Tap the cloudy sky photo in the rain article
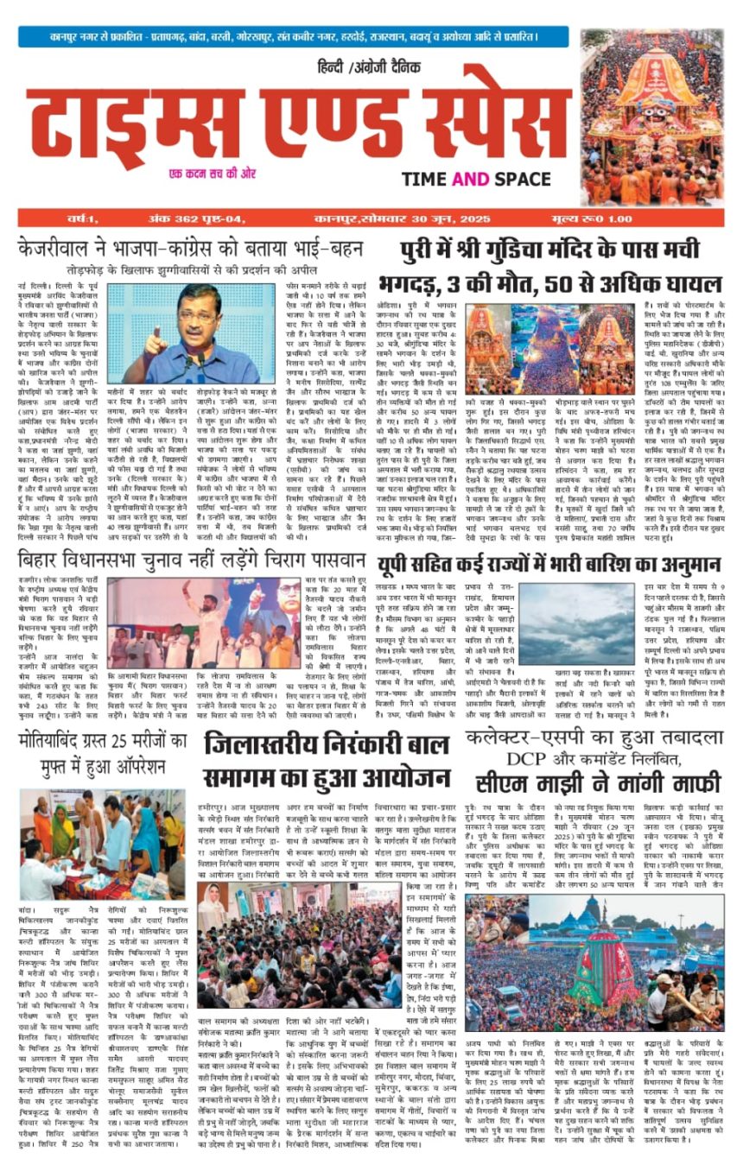pyautogui.click(x=564, y=623)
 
